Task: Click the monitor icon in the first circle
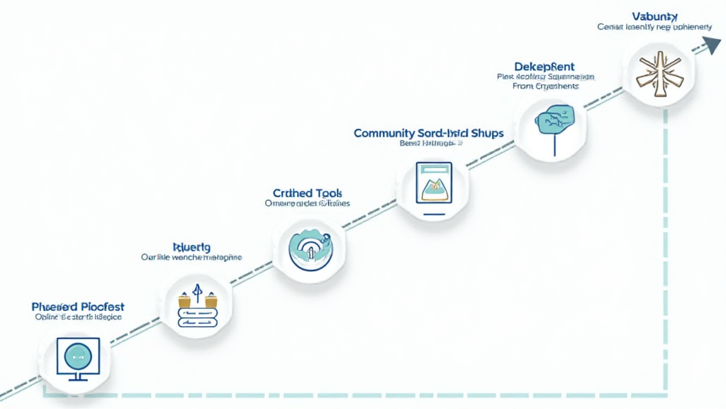[77, 355]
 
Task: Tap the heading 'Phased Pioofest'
[78, 306]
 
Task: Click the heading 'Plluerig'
[191, 246]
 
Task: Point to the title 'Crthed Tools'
[307, 192]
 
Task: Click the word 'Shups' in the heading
[486, 133]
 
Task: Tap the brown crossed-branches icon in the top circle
[657, 70]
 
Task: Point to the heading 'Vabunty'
[654, 15]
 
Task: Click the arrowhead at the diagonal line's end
[711, 46]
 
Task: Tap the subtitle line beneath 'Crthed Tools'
[307, 203]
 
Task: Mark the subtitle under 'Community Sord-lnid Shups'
[430, 143]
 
